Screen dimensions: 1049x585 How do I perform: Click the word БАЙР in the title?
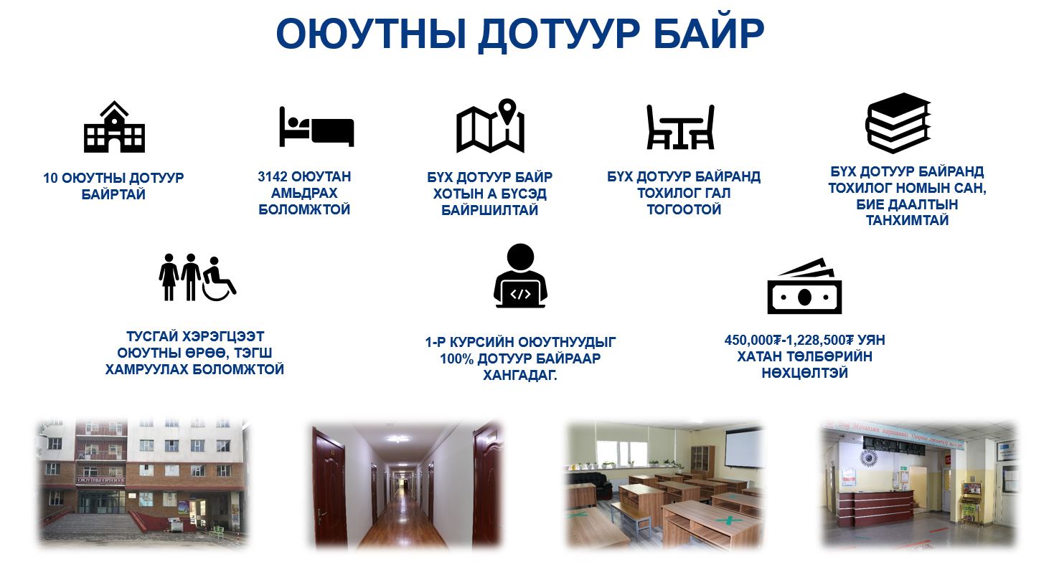click(x=709, y=33)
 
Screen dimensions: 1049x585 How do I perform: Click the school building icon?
click(x=114, y=127)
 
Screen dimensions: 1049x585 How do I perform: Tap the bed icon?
click(x=316, y=127)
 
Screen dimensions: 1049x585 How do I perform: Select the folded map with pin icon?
click(x=490, y=125)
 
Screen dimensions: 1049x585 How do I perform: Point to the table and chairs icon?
click(x=680, y=127)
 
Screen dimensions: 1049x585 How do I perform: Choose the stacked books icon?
click(x=898, y=123)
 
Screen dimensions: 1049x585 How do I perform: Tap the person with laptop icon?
click(x=520, y=275)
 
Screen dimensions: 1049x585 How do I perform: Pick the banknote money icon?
click(x=804, y=286)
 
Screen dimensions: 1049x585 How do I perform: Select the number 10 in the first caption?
click(x=50, y=179)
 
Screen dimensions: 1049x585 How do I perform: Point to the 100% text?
click(x=456, y=359)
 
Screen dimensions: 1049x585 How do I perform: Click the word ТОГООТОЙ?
click(x=684, y=209)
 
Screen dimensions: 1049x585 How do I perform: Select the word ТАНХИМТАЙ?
click(x=907, y=220)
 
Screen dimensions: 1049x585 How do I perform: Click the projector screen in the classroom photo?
click(x=744, y=448)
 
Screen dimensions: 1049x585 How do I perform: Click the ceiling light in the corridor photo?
click(x=398, y=439)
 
